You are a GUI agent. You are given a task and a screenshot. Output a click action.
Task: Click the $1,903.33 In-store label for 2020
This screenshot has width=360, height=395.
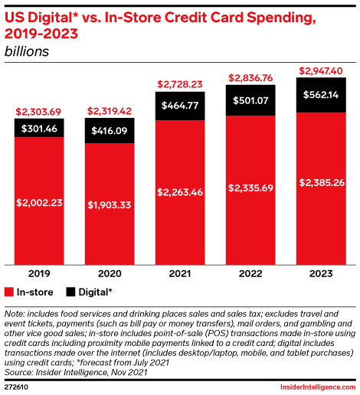coord(110,205)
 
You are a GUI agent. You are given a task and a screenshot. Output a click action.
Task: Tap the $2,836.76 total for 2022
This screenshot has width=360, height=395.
coord(250,77)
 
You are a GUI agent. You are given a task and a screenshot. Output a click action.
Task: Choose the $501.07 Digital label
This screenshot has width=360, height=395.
coord(250,100)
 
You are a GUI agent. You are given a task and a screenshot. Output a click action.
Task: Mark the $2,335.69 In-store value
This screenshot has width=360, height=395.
coord(250,188)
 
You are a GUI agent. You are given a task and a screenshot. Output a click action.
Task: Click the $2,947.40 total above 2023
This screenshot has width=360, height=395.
coord(321,70)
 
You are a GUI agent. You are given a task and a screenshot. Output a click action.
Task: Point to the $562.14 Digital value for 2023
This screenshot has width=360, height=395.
coord(321,96)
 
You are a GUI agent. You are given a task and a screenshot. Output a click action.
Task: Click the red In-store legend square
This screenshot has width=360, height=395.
coord(10,292)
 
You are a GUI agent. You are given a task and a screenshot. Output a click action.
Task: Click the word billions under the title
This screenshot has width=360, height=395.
coord(27,52)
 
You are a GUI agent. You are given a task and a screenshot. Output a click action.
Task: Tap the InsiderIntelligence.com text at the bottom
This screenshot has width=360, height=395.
coord(313,387)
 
